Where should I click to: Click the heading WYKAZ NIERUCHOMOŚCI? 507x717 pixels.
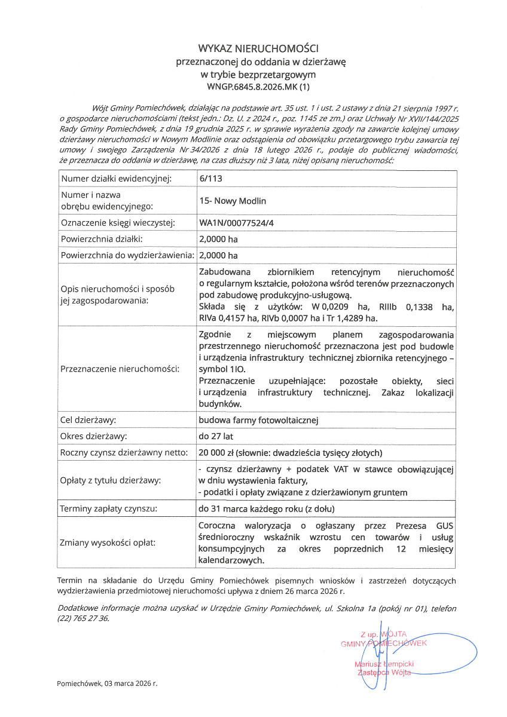[259, 48]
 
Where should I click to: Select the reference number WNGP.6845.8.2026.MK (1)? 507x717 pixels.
[259, 87]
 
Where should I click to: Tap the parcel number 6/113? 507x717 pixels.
[209, 179]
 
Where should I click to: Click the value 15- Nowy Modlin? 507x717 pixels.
[233, 201]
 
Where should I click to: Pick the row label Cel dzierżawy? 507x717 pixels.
[88, 420]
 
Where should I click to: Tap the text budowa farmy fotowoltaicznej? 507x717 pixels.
[258, 420]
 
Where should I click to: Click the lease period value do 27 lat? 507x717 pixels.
[216, 436]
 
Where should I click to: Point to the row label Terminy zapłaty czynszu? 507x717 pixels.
[109, 509]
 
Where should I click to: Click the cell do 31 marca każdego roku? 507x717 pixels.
[266, 509]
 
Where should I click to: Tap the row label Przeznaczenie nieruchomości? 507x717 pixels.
[120, 369]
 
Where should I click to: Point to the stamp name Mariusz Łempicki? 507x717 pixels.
[384, 664]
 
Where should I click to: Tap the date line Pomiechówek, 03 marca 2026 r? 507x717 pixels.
[107, 683]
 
